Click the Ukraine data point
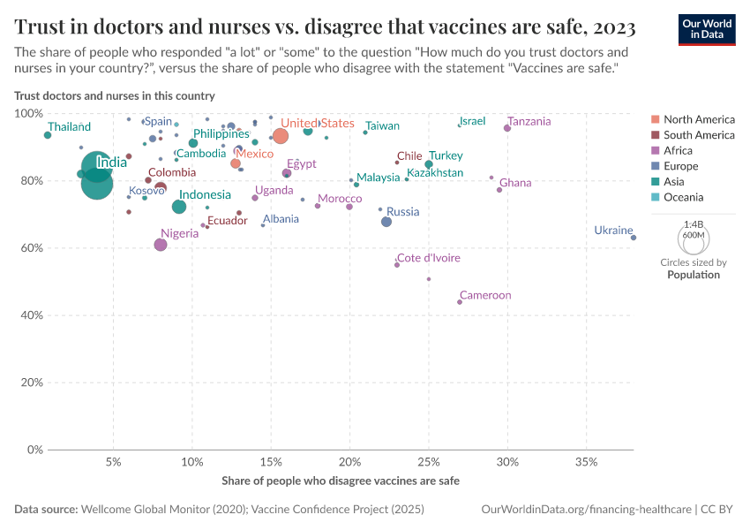(634, 238)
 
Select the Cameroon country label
(485, 295)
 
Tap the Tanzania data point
(507, 128)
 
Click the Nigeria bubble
(161, 245)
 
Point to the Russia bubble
(386, 222)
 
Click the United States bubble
(281, 135)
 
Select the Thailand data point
(48, 135)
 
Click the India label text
(111, 163)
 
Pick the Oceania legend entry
(684, 197)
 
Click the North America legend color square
(654, 119)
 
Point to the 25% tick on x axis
(429, 462)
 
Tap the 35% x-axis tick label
(586, 462)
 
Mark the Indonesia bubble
(179, 207)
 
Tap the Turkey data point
(429, 164)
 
